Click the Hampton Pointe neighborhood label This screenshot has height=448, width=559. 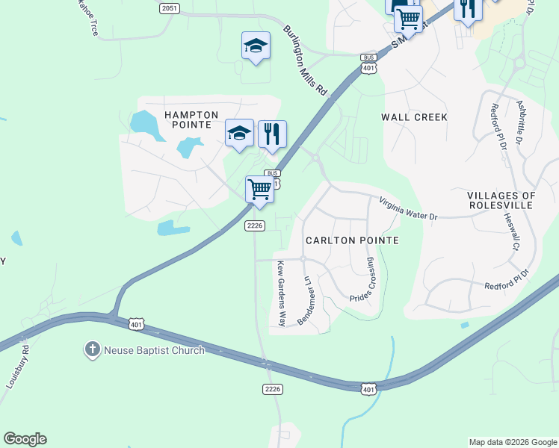point(191,119)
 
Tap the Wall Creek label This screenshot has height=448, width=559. point(414,117)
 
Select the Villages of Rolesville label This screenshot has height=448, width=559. point(501,201)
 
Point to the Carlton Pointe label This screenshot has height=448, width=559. point(352,240)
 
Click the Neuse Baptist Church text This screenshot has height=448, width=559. point(153,350)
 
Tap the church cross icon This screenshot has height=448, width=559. point(92,349)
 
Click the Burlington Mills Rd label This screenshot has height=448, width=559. point(306,60)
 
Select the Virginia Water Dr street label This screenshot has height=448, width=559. point(407,208)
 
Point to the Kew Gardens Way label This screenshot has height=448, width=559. point(282,294)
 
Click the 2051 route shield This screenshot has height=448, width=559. point(170,7)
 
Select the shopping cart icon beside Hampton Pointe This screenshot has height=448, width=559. point(259,189)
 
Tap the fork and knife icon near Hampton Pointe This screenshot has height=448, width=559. point(273,134)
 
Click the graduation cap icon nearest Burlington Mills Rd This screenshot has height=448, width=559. point(256,46)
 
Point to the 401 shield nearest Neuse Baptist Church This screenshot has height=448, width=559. point(136,324)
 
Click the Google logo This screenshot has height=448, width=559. point(25,439)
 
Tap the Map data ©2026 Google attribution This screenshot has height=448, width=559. point(513,442)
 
